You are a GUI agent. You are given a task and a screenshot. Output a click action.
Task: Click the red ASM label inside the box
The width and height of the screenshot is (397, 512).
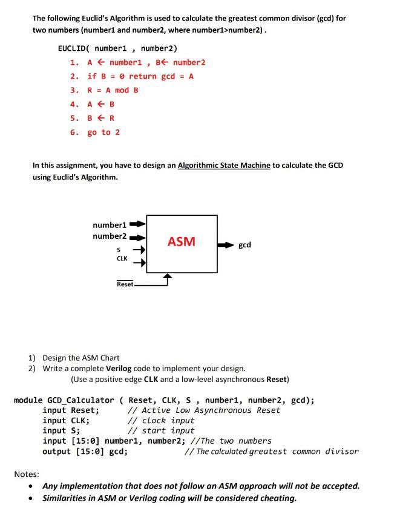pyautogui.click(x=182, y=242)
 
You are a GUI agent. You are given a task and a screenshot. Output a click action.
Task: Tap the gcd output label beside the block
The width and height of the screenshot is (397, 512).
pyautogui.click(x=244, y=245)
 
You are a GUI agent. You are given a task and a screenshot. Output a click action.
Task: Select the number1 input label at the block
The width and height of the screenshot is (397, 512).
pyautogui.click(x=110, y=225)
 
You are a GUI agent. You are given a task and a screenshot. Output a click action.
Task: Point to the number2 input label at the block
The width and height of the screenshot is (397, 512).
pyautogui.click(x=110, y=236)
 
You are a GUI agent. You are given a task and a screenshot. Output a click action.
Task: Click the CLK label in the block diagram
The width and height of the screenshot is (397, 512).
pyautogui.click(x=122, y=259)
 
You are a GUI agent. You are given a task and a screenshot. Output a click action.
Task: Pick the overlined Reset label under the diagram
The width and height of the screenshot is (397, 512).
pyautogui.click(x=125, y=284)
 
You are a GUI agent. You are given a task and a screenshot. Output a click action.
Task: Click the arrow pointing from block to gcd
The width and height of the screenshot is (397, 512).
pyautogui.click(x=226, y=245)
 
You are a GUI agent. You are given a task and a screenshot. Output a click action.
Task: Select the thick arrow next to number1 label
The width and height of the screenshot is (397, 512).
pyautogui.click(x=138, y=225)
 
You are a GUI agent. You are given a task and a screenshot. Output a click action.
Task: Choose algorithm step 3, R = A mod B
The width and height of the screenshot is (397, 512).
pyautogui.click(x=113, y=90)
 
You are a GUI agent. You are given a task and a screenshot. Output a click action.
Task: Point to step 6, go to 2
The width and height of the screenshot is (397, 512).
pyautogui.click(x=103, y=132)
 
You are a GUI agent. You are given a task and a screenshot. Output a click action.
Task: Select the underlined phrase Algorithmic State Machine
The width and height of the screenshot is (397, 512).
pyautogui.click(x=224, y=165)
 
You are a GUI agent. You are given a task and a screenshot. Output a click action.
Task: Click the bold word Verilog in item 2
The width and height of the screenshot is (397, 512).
pyautogui.click(x=119, y=368)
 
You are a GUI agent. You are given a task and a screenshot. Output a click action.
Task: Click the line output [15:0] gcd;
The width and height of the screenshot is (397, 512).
pyautogui.click(x=85, y=451)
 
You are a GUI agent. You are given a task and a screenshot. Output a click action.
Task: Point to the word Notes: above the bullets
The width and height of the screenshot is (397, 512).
pyautogui.click(x=27, y=474)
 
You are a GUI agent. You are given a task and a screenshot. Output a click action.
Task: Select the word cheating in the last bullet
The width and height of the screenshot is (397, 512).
pyautogui.click(x=277, y=498)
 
